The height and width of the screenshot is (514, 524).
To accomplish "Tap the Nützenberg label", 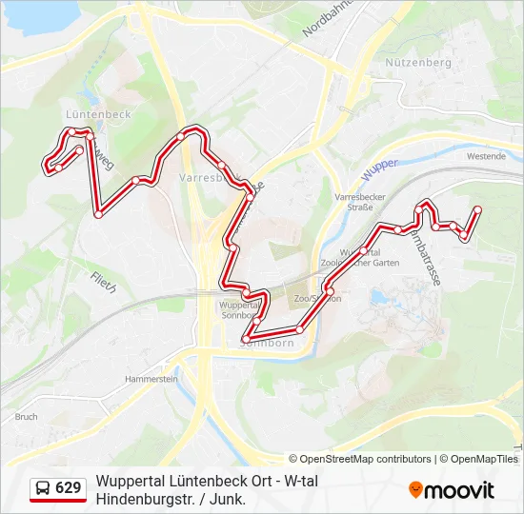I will [x=418, y=62].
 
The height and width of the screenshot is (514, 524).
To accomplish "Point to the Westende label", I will [x=486, y=156].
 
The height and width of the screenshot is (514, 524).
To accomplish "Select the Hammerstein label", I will [x=151, y=379].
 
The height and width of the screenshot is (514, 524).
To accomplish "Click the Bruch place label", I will [x=26, y=417].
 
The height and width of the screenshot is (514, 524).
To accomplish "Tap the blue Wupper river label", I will [x=380, y=170].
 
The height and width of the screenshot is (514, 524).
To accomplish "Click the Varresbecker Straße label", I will [x=353, y=201].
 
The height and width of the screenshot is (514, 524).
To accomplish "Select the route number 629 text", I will [x=69, y=488].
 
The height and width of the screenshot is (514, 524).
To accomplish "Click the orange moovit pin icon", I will [x=415, y=490].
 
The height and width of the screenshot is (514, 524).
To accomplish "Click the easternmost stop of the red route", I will [x=477, y=209].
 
